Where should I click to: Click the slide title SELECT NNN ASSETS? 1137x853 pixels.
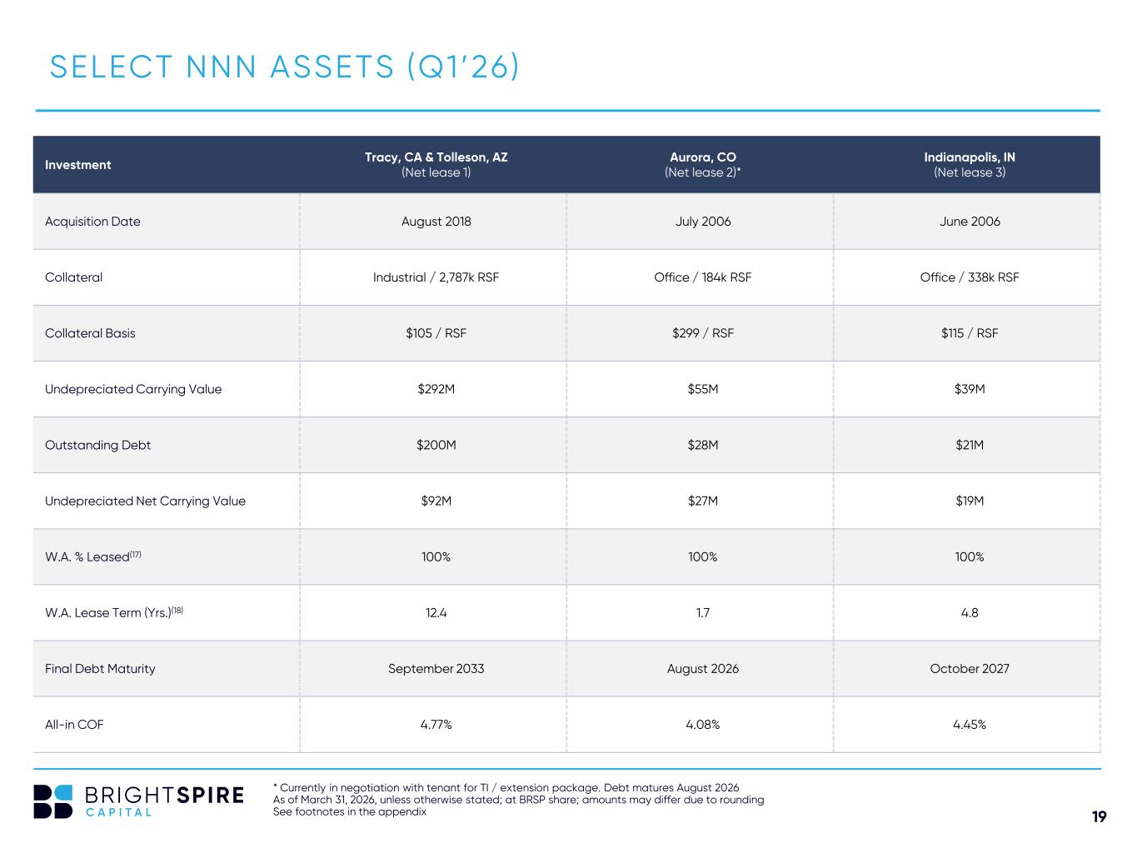point(284,67)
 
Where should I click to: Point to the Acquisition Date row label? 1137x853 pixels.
point(92,221)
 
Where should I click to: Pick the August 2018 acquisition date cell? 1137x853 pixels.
point(436,221)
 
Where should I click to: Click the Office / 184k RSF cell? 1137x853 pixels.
point(702,277)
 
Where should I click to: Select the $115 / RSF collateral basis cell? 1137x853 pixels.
point(970,333)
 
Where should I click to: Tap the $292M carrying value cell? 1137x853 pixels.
point(436,389)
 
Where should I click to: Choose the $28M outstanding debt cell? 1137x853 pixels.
point(702,445)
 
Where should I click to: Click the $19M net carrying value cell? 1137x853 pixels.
point(970,501)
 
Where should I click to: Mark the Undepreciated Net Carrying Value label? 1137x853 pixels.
point(145,501)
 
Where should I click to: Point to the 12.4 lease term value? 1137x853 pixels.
point(436,613)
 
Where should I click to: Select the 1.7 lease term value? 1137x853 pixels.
point(702,613)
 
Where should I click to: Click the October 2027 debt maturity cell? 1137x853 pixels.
point(970,669)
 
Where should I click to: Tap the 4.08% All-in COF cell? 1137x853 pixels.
point(702,725)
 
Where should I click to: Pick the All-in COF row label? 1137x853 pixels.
point(74,725)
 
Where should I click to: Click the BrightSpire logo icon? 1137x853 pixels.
point(52,801)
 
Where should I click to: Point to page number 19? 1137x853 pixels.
point(1099,816)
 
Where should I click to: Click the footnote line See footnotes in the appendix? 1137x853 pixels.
point(350,811)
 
